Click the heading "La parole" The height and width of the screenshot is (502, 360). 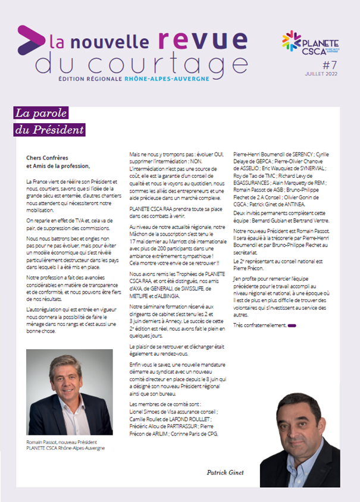41,113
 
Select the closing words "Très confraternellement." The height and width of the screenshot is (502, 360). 259,325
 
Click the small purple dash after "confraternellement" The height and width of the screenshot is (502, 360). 292,326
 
